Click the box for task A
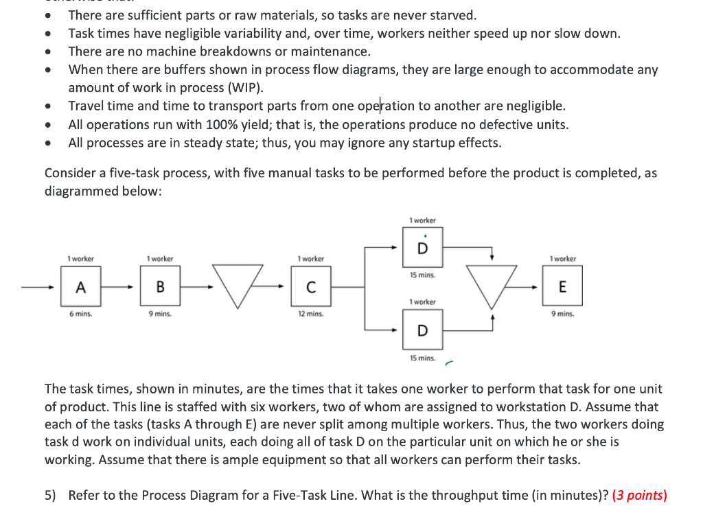(x=81, y=288)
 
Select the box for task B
(x=160, y=288)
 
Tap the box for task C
(x=310, y=288)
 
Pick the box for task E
(x=563, y=288)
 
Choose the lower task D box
(x=422, y=331)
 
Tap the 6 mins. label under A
(x=81, y=314)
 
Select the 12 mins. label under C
(x=310, y=314)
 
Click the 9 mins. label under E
(x=563, y=314)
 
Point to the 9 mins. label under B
(x=160, y=314)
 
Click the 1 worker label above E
(x=563, y=259)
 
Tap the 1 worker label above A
(x=81, y=259)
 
